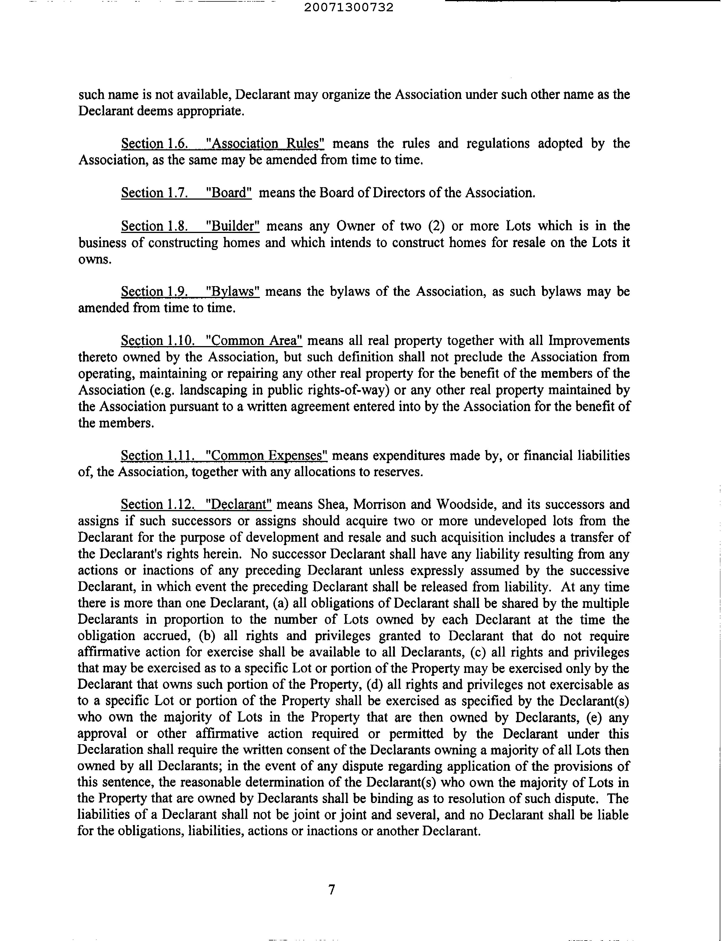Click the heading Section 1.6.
[154, 143]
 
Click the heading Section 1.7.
[154, 193]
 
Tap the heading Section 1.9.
[154, 292]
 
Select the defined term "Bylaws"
[233, 292]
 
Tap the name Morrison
[380, 504]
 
